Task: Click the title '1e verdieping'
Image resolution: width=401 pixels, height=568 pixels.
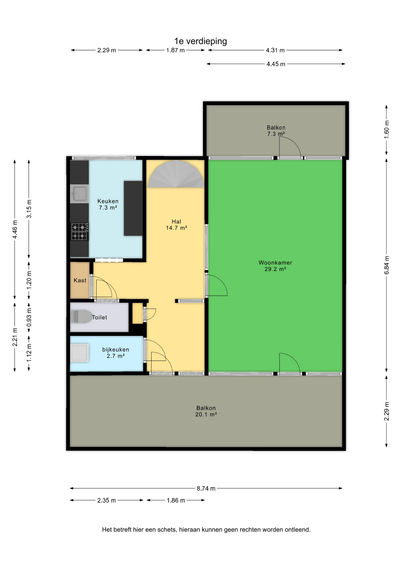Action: [200, 41]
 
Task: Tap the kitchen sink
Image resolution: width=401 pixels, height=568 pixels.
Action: [79, 194]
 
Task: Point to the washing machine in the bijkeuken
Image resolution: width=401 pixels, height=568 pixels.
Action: [79, 353]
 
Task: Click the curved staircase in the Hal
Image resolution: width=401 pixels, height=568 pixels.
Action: [176, 174]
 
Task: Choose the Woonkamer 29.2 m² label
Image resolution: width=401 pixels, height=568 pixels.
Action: [275, 266]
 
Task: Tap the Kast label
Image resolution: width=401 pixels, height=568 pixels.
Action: [80, 280]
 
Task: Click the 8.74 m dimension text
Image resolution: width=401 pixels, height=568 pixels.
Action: [206, 488]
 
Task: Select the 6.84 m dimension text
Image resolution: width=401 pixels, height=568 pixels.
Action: [387, 265]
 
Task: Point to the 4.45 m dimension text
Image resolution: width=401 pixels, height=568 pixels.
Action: [276, 64]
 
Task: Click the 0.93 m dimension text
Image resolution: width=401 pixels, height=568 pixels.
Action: [29, 317]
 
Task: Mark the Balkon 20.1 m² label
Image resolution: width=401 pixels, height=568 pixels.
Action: [206, 411]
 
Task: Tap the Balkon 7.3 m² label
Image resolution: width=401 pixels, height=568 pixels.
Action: [276, 131]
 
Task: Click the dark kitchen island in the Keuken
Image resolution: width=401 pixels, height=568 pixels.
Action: [133, 208]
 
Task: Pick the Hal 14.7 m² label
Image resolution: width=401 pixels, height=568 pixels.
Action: [177, 225]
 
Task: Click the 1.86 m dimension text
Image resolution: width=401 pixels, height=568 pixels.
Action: [176, 501]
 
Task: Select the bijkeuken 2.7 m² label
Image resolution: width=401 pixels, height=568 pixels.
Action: [116, 353]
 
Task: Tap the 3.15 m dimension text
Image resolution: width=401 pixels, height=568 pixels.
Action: [29, 209]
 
